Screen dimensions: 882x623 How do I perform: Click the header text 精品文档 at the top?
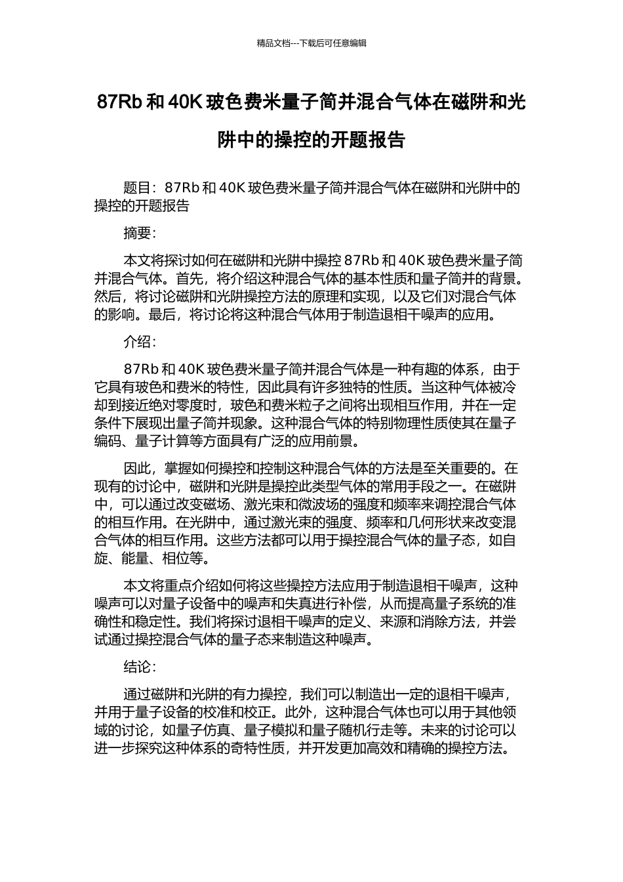click(273, 43)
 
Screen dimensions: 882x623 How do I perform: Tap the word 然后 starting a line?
click(108, 296)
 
